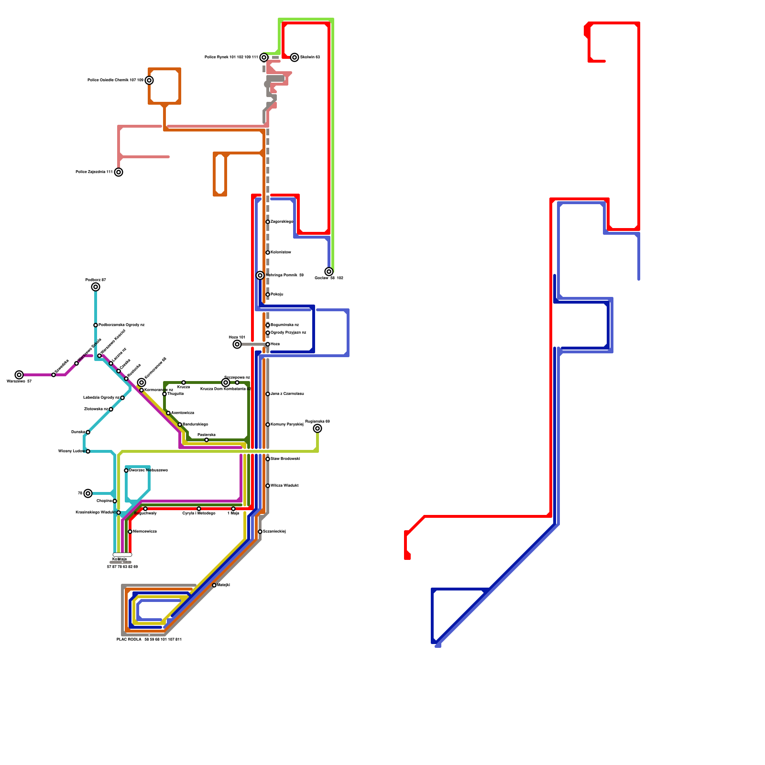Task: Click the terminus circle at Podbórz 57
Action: click(x=96, y=287)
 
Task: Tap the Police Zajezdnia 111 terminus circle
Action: click(x=119, y=172)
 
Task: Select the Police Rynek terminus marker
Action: click(x=264, y=57)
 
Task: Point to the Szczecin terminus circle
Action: click(x=295, y=57)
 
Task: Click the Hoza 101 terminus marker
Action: click(x=237, y=344)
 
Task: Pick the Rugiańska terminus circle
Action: click(x=317, y=428)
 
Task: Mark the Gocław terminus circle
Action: click(x=329, y=272)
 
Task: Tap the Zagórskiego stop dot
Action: click(x=268, y=222)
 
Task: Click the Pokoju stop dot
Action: click(x=268, y=295)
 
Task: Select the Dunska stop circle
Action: click(x=88, y=432)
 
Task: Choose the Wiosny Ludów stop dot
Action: click(x=88, y=451)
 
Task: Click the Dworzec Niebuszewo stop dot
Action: click(x=126, y=470)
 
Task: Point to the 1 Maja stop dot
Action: click(x=233, y=509)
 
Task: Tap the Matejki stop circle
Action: click(x=214, y=585)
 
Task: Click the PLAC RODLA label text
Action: click(x=129, y=639)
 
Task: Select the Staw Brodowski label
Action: click(x=285, y=459)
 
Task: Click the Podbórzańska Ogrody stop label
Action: click(x=121, y=325)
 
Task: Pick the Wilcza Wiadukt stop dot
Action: click(x=268, y=486)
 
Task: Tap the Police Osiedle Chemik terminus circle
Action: click(x=149, y=80)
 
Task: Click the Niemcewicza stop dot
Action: click(x=130, y=532)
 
